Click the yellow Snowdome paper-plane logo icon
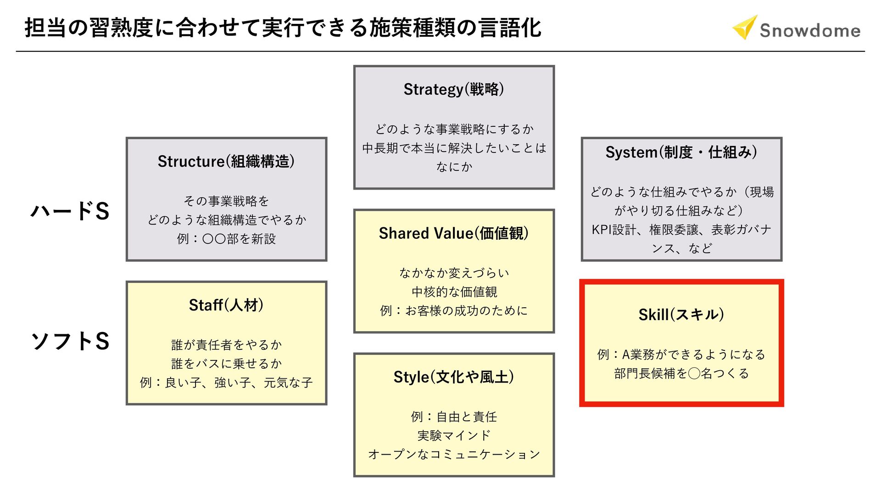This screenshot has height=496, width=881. [x=744, y=28]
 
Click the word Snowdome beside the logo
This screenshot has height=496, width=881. [x=810, y=30]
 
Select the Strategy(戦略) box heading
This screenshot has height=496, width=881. [x=454, y=89]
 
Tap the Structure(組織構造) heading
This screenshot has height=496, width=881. [x=226, y=161]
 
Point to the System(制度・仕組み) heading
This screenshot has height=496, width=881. [x=681, y=152]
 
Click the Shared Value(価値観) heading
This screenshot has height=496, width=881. [x=454, y=233]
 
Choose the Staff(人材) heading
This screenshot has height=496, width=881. [x=226, y=305]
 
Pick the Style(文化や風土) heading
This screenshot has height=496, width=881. [x=454, y=377]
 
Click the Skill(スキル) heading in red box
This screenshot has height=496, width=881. [x=681, y=315]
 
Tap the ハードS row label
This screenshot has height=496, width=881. [x=70, y=211]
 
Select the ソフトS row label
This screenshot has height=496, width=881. [x=70, y=341]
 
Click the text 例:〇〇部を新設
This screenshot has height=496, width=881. [x=226, y=239]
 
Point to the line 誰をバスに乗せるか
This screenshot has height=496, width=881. [x=226, y=364]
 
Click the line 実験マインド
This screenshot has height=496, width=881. [x=454, y=435]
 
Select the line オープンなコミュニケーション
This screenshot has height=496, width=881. [x=454, y=454]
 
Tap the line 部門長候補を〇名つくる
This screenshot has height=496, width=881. [x=681, y=373]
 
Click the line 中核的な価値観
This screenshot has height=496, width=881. [x=454, y=292]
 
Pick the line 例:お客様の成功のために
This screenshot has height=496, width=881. [x=454, y=311]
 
